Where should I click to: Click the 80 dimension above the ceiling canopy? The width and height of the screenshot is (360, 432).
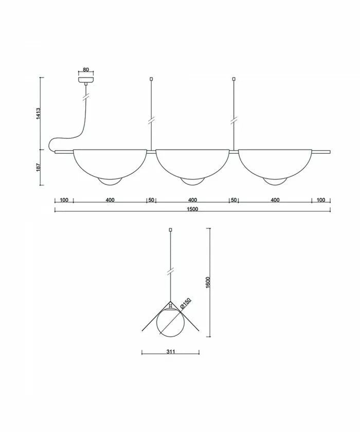(86, 70)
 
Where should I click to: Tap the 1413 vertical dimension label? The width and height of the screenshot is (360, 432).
(38, 113)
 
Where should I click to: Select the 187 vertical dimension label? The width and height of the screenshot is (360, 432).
(38, 167)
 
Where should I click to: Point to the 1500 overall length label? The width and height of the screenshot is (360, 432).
(192, 209)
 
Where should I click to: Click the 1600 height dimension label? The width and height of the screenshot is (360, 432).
(208, 282)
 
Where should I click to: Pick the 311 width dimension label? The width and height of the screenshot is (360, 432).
(171, 352)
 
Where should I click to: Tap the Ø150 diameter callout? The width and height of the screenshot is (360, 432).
(185, 303)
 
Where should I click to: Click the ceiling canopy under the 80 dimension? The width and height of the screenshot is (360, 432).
(86, 80)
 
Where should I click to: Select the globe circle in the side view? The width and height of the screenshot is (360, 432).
(170, 321)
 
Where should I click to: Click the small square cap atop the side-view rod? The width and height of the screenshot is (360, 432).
(170, 230)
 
